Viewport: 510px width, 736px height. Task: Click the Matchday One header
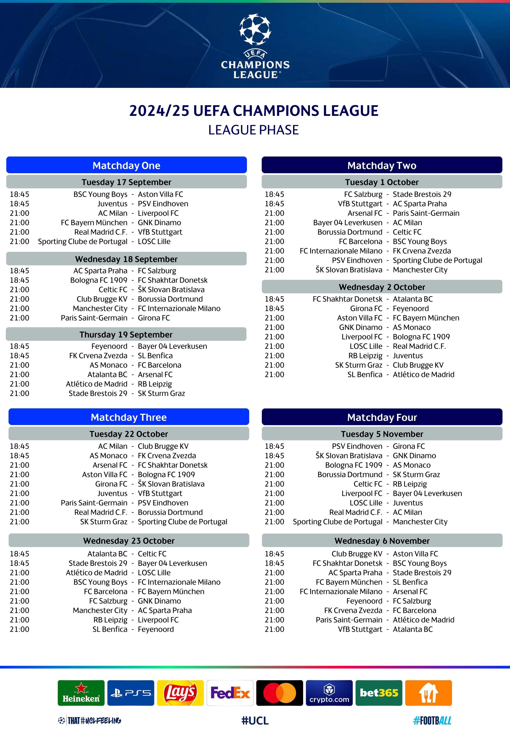126,165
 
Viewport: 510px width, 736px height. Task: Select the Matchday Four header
382,417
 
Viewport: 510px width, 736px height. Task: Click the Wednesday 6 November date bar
382,541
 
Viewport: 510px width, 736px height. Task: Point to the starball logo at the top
255,29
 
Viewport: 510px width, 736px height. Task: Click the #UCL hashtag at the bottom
255,720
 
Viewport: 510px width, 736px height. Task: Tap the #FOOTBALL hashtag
432,720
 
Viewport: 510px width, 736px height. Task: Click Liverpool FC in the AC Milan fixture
158,213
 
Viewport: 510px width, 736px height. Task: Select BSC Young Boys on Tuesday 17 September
100,194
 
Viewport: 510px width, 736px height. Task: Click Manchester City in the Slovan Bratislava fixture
420,270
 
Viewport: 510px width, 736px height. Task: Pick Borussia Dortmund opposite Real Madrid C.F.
170,512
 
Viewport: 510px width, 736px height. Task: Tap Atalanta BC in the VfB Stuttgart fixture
413,629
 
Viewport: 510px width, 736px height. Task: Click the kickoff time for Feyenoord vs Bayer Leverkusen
19,346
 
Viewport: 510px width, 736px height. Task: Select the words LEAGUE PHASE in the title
253,130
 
